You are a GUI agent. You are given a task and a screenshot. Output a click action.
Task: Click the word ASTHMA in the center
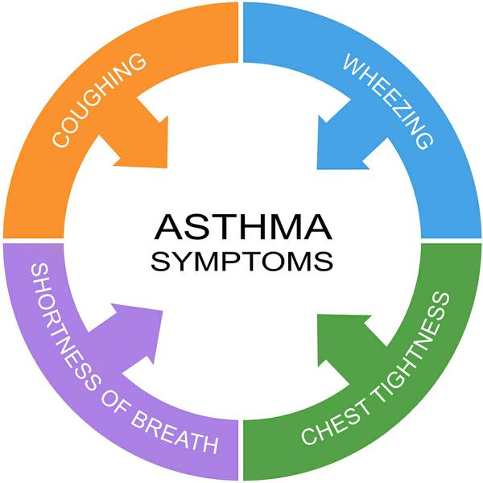[x=242, y=228]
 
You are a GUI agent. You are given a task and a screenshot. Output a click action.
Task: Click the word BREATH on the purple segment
[x=173, y=436]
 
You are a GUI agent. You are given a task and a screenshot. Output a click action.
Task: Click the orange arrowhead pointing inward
[x=141, y=141]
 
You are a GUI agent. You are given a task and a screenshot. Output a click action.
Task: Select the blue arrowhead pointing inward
[x=342, y=141]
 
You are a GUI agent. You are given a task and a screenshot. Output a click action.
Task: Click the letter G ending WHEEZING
[x=425, y=140]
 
